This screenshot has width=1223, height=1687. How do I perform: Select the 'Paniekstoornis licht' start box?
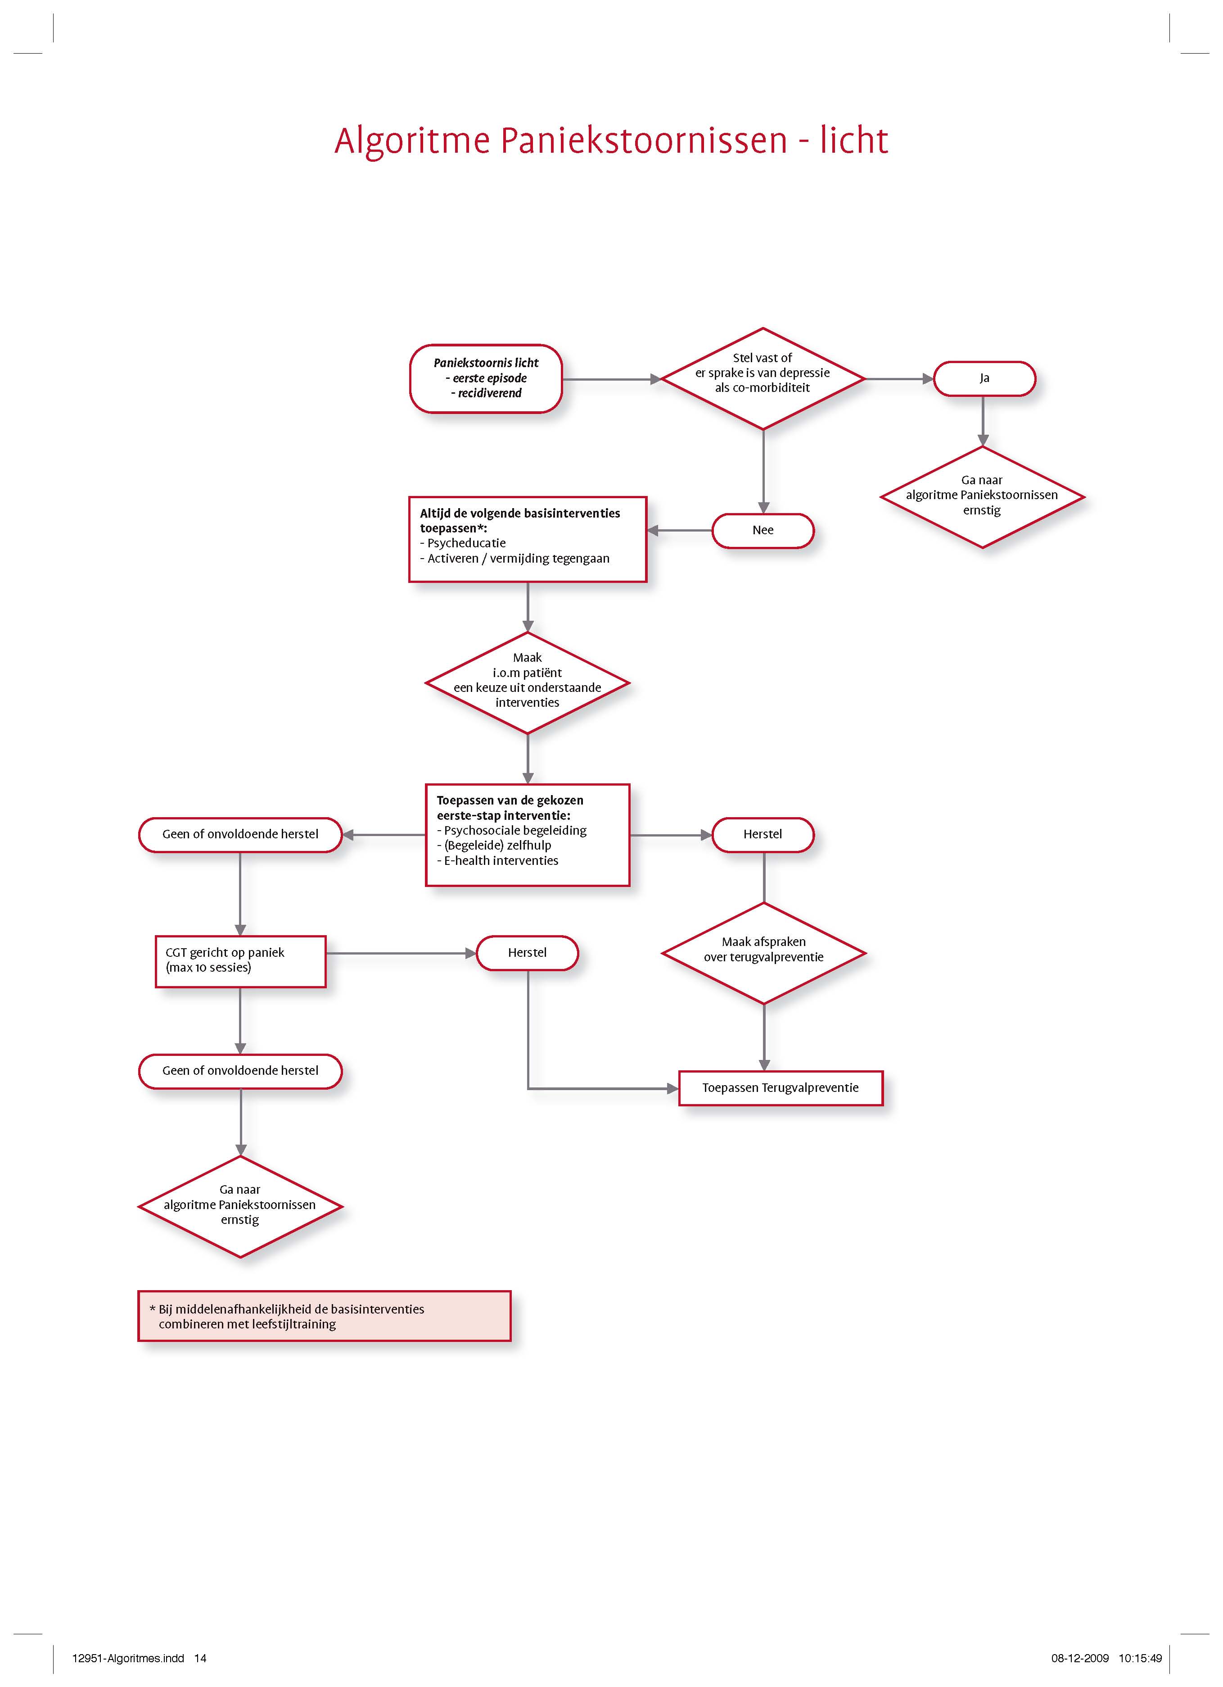pos(486,378)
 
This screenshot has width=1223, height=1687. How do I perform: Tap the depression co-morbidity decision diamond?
pos(763,378)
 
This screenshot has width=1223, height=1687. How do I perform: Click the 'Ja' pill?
pos(984,378)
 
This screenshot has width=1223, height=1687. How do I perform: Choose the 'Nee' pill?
pos(763,530)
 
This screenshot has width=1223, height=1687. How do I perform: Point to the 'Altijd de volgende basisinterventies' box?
pos(528,539)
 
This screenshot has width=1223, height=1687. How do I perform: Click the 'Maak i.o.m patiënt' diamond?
pos(528,683)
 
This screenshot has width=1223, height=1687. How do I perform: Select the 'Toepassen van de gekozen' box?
pos(528,835)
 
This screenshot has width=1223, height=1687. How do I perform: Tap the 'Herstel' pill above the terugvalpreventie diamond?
pos(763,835)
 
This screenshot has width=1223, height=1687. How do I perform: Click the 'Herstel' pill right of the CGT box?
pos(527,953)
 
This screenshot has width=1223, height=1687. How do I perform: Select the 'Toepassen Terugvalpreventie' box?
pos(781,1088)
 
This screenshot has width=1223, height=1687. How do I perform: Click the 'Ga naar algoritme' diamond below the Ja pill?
pos(982,497)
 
